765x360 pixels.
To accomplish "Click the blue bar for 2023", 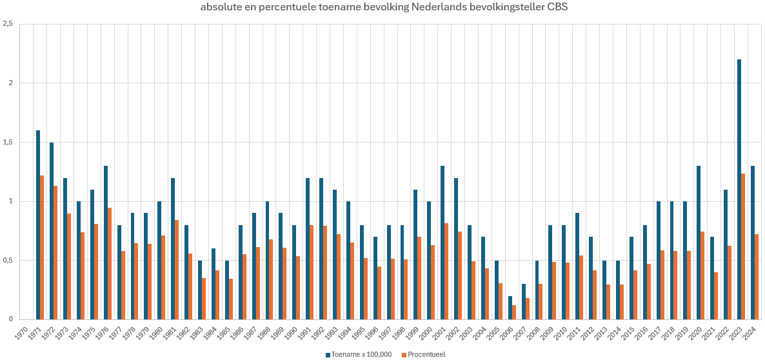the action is (739, 189).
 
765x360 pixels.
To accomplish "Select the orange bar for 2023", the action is (743, 246).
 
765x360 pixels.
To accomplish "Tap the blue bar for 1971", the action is (38, 225).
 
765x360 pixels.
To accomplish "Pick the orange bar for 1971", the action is (42, 247).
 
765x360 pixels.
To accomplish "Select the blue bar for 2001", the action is (442, 243).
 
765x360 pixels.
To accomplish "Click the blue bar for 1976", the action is (105, 243).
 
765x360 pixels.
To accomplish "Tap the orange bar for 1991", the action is (312, 272).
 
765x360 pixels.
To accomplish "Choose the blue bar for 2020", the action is (699, 243).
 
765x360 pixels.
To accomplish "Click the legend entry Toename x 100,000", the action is (358, 355).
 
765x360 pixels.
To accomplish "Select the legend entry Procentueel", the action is (424, 355).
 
